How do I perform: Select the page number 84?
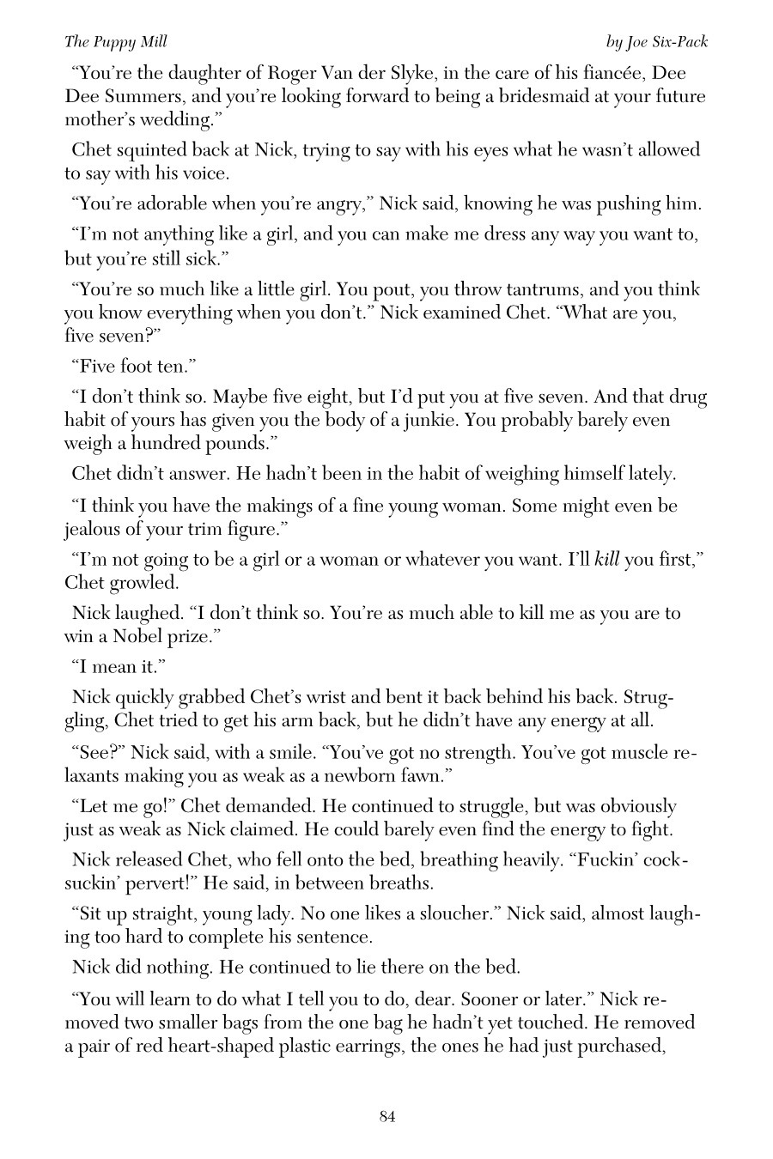pos(386,1116)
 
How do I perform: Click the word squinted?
pos(146,150)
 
